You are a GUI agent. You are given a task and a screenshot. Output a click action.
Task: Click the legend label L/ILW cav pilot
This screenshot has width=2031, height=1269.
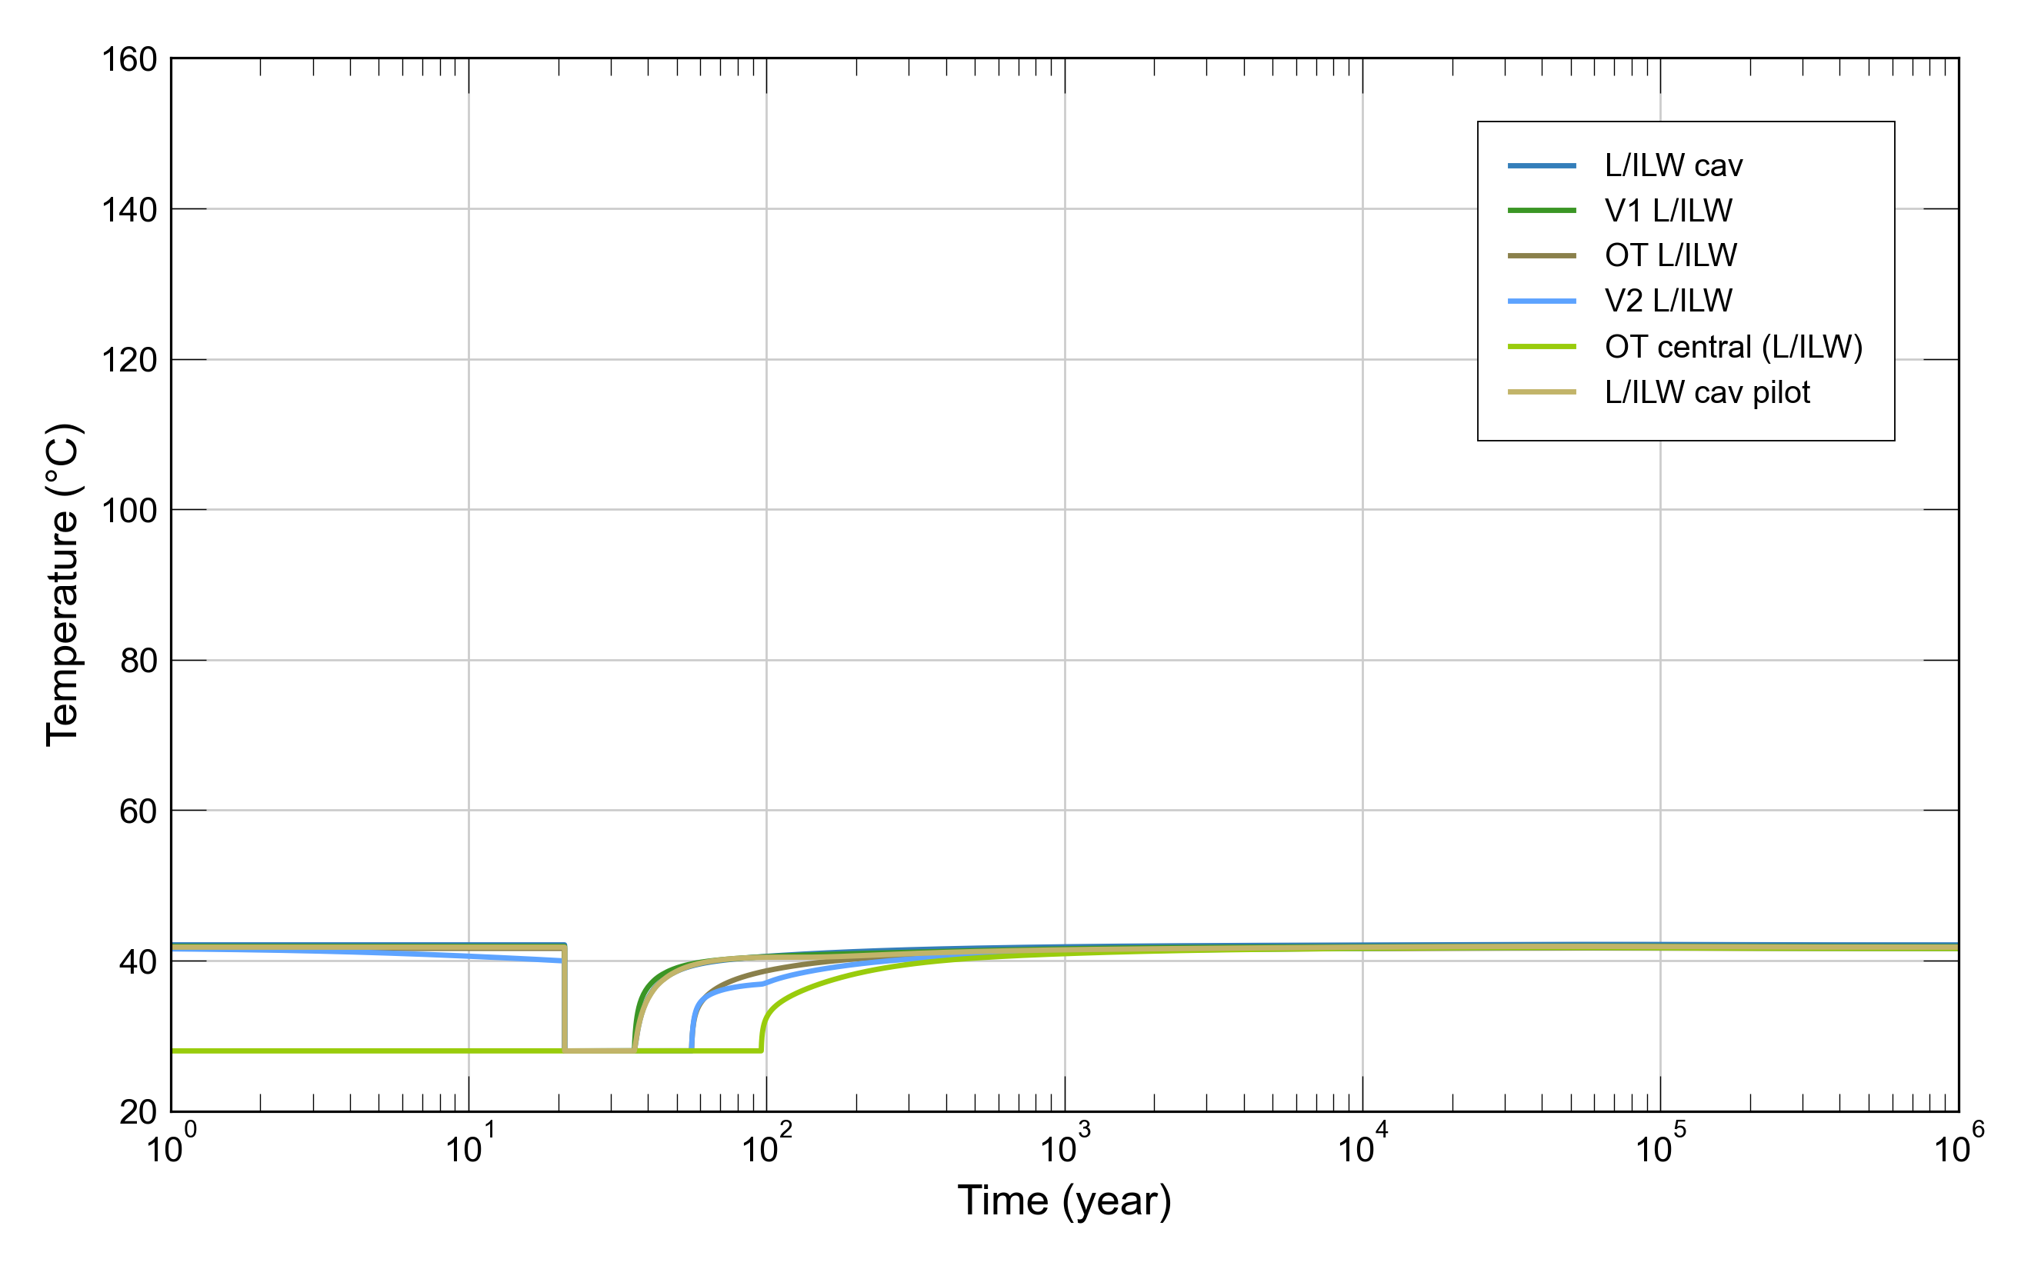[1707, 392]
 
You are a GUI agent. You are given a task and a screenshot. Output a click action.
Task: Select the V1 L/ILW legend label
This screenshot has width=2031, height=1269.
[1668, 211]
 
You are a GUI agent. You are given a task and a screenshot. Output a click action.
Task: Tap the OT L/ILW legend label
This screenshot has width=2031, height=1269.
[1670, 255]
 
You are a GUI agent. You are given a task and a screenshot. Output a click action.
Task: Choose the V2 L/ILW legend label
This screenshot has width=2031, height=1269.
[1668, 301]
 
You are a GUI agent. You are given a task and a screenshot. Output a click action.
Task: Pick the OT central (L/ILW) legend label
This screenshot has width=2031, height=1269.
[1733, 347]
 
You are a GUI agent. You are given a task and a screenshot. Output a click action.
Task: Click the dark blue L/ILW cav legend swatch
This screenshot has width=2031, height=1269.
[1541, 166]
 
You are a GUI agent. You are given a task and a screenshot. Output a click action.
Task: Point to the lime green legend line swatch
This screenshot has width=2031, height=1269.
[1541, 347]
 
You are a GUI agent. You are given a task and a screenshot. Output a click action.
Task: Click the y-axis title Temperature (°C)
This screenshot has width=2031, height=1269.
[62, 585]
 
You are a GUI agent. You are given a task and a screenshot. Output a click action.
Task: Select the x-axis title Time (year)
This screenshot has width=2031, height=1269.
[1063, 1201]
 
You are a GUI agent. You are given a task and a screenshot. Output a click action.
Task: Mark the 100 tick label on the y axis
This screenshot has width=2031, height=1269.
[129, 510]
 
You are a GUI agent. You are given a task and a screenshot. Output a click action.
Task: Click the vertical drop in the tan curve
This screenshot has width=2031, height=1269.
[565, 999]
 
